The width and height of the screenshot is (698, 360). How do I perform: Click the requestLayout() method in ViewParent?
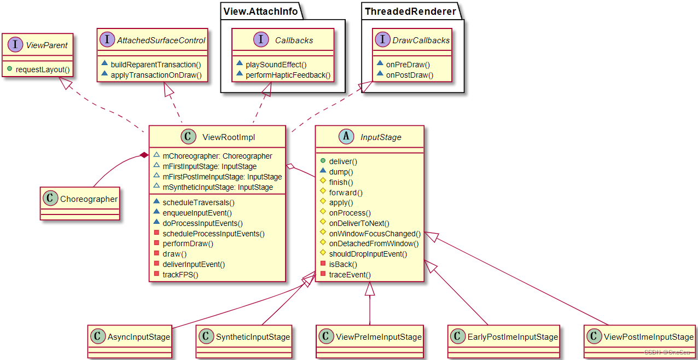tap(43, 69)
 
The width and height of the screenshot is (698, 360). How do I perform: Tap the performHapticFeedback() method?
tap(288, 75)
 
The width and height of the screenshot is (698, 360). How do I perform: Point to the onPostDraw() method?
tap(409, 75)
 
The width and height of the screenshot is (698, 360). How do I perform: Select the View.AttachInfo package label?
tap(260, 11)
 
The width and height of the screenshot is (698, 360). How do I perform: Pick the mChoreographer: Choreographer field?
tap(217, 156)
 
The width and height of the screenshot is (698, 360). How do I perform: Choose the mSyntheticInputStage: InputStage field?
tap(217, 187)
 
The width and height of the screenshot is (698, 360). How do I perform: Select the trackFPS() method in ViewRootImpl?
tap(180, 275)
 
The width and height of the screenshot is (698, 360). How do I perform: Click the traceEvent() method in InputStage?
tap(350, 275)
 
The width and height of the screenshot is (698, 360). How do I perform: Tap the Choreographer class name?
tap(89, 199)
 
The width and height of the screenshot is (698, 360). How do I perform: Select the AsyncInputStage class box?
tap(129, 340)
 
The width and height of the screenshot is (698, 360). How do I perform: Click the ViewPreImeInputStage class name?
tap(379, 337)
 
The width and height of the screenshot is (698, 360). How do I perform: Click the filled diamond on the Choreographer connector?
tap(144, 156)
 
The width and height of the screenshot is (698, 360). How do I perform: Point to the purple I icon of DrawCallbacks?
tap(381, 40)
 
